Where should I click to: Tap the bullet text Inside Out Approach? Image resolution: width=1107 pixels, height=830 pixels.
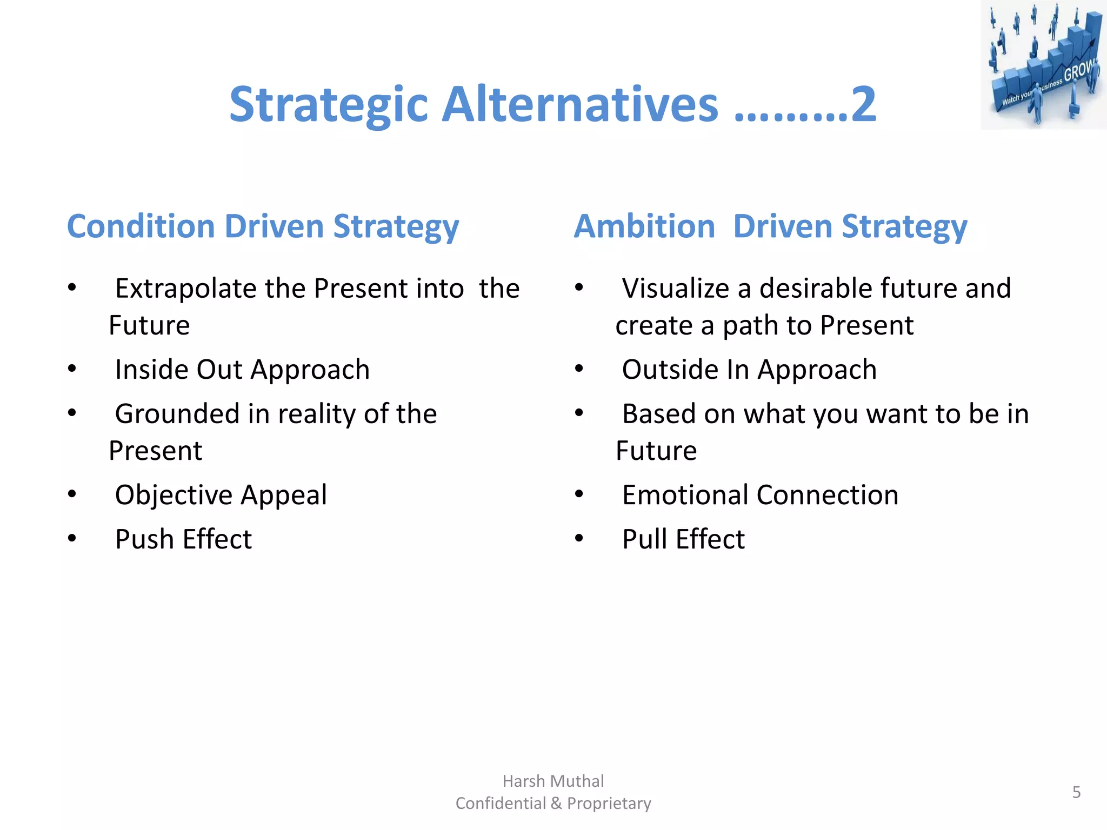(x=242, y=370)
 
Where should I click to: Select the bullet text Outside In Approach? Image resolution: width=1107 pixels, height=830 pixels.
(x=749, y=370)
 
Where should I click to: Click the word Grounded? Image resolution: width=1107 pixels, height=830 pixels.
(x=177, y=414)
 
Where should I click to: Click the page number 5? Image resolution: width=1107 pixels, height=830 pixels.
(x=1076, y=792)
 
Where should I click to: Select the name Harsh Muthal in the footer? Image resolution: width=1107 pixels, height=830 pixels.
(x=553, y=781)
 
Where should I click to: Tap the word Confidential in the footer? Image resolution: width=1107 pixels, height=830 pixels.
(x=501, y=804)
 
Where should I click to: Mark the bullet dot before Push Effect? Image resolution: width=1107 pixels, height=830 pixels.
(x=72, y=538)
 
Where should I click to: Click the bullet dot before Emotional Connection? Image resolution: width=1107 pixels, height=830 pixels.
(x=579, y=494)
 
